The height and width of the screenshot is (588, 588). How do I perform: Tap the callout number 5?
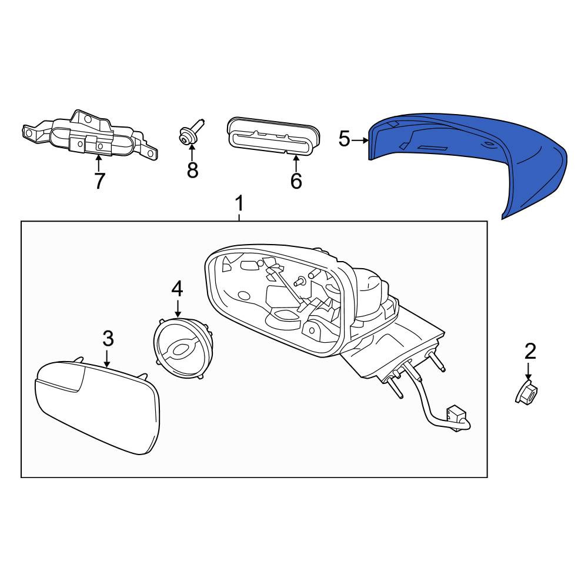pyautogui.click(x=344, y=139)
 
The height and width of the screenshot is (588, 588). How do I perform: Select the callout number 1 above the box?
pyautogui.click(x=239, y=203)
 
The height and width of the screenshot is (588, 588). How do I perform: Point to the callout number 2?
pyautogui.click(x=530, y=352)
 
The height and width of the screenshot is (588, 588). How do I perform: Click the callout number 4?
pyautogui.click(x=178, y=289)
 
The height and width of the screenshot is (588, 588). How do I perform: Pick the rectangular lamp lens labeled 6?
pyautogui.click(x=273, y=136)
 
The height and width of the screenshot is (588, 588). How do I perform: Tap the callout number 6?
pyautogui.click(x=296, y=181)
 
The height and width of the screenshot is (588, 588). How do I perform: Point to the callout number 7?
pyautogui.click(x=99, y=181)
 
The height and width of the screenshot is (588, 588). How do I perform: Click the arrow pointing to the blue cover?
pyautogui.click(x=361, y=141)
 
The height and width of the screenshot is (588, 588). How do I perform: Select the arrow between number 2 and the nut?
pyautogui.click(x=529, y=371)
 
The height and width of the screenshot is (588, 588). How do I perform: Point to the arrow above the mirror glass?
pyautogui.click(x=108, y=358)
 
